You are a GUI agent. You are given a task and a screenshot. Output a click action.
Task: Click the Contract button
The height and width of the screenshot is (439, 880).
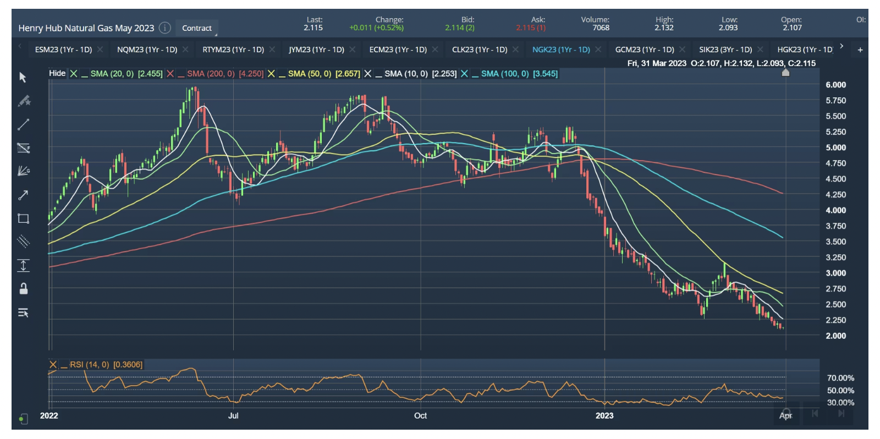[x=197, y=28]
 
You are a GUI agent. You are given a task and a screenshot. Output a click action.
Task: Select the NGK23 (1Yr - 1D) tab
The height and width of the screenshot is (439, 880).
[x=561, y=50]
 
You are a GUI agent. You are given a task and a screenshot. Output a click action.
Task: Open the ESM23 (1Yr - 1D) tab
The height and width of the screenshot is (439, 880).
[x=63, y=50]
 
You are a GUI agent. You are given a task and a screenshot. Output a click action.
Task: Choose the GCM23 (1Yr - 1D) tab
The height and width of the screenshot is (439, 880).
[x=644, y=50]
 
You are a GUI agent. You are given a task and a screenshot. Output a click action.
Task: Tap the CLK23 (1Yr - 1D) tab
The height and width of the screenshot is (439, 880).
[x=479, y=50]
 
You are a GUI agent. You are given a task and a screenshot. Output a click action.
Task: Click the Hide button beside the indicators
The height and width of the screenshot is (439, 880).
[x=57, y=74]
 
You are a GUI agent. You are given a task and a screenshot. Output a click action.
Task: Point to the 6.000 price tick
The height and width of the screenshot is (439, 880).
[x=835, y=85]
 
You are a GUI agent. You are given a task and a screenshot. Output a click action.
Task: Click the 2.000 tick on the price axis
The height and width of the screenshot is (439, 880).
[x=835, y=336]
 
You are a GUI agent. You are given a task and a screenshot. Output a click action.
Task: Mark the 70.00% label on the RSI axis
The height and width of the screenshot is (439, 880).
[x=840, y=378]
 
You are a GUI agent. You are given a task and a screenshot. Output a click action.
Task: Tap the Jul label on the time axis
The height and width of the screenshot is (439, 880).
[x=233, y=416]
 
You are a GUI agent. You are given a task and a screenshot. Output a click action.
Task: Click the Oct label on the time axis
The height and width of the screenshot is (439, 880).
[x=420, y=416]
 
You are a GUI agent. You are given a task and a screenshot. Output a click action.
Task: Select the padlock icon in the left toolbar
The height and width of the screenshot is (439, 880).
[x=24, y=289]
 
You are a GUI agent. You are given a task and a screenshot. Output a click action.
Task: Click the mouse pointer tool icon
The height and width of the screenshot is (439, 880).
[x=23, y=78]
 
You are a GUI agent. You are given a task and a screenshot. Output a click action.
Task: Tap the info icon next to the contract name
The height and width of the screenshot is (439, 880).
[x=165, y=28]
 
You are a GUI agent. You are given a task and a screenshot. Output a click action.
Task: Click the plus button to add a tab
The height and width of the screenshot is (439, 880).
[x=860, y=50]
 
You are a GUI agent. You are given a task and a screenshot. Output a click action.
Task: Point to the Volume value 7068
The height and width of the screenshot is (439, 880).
[x=601, y=28]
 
